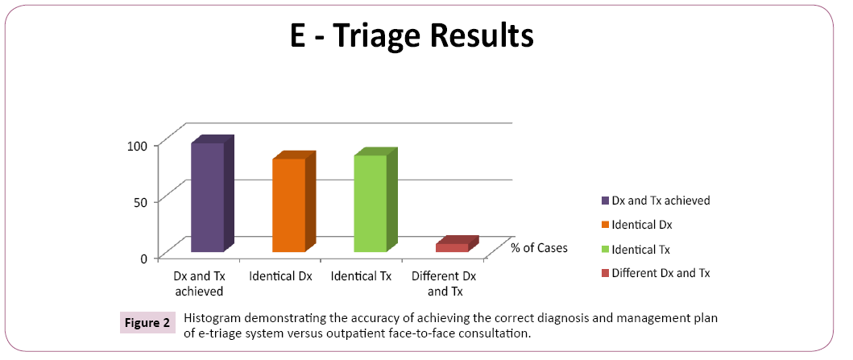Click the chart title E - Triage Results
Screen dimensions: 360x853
pyautogui.click(x=412, y=36)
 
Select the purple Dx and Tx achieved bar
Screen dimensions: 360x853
pyautogui.click(x=207, y=197)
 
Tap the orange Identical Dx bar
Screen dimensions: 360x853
pyautogui.click(x=288, y=205)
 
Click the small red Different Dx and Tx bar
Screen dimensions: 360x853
pyautogui.click(x=452, y=247)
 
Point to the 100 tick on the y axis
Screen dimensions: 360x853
pyautogui.click(x=139, y=145)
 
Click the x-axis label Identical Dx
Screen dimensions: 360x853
pyautogui.click(x=280, y=277)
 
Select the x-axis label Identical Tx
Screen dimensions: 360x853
pyautogui.click(x=361, y=277)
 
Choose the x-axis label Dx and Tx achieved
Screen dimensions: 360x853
pyautogui.click(x=199, y=283)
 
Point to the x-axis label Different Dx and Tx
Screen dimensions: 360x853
pyautogui.click(x=444, y=283)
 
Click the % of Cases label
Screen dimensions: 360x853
pyautogui.click(x=539, y=248)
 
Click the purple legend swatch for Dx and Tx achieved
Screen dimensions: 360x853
pyautogui.click(x=605, y=201)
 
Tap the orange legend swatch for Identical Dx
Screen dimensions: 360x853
pyautogui.click(x=605, y=225)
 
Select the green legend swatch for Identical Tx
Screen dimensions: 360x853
pyautogui.click(x=605, y=249)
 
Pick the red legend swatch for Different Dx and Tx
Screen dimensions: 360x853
pyautogui.click(x=605, y=273)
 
